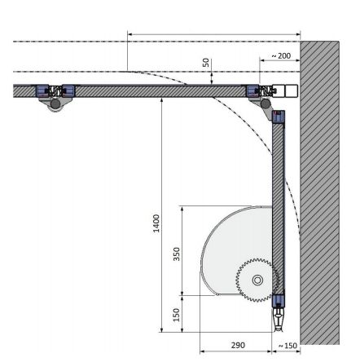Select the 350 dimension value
[177, 254]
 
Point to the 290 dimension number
[237, 345]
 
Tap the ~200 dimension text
[279, 55]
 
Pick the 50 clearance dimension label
[207, 62]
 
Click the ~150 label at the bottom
[288, 346]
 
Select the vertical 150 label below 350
[177, 314]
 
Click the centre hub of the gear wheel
[257, 280]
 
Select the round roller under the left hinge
[57, 104]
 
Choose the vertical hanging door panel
[279, 204]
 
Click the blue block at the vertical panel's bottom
[279, 301]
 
